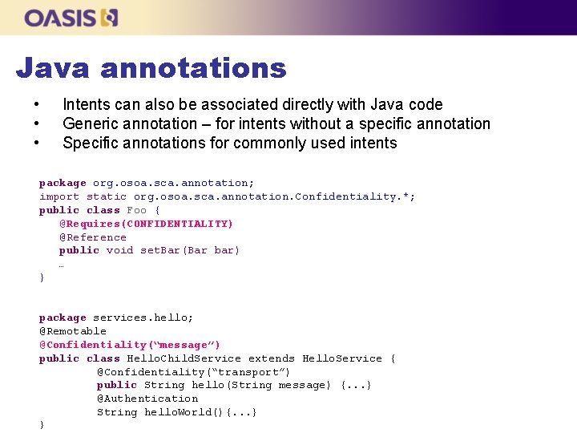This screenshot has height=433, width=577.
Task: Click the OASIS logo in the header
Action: click(71, 18)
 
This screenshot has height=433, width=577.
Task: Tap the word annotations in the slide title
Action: click(194, 68)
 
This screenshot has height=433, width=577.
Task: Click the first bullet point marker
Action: click(36, 105)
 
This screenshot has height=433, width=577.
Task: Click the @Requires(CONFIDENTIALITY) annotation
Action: click(146, 224)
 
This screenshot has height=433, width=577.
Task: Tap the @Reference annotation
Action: click(93, 237)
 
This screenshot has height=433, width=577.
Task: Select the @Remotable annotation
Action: click(73, 331)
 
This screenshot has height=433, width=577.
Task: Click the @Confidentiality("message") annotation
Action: click(130, 345)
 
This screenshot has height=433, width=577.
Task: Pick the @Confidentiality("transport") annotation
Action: click(194, 372)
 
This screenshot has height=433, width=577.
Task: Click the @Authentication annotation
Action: click(147, 399)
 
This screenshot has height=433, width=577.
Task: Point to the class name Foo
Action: click(137, 210)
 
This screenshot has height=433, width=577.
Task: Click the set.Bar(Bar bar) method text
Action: click(190, 250)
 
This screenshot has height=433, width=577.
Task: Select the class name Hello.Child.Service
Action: click(184, 358)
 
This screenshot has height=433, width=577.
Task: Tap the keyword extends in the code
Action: click(272, 358)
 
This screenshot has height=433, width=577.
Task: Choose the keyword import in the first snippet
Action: click(59, 196)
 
